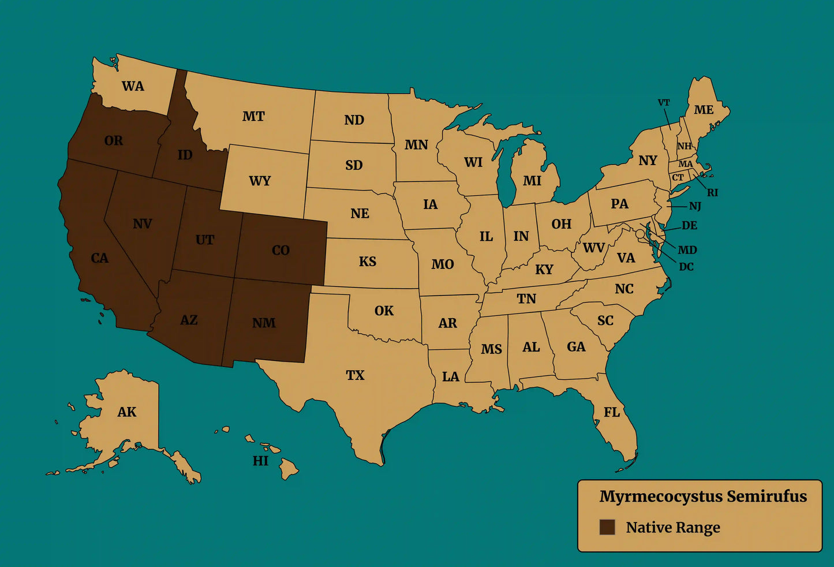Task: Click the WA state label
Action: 133,87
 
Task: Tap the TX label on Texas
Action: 355,375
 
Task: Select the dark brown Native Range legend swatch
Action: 607,527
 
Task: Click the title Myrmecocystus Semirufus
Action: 703,497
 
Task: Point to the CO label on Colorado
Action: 281,251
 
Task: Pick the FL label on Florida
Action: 612,412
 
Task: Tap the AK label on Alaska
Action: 127,412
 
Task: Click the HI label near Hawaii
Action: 260,461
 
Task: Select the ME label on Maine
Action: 704,110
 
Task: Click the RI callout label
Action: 713,193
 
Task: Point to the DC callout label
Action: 686,267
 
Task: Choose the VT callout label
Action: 664,103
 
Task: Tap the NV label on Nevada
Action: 142,224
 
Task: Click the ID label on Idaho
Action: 185,155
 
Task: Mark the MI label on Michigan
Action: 532,181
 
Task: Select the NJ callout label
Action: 695,206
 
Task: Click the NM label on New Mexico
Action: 264,323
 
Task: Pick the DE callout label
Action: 689,226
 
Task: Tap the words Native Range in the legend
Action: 673,528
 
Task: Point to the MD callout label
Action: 687,250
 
